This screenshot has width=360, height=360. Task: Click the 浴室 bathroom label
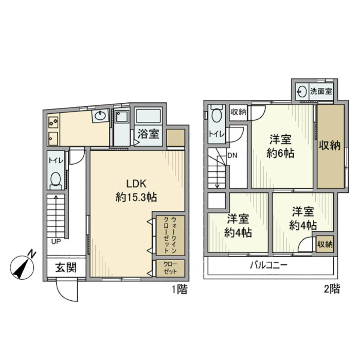(149, 134)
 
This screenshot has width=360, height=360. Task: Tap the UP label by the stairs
(56, 241)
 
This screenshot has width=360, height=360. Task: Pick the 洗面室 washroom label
(321, 91)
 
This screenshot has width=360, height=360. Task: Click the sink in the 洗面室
(301, 91)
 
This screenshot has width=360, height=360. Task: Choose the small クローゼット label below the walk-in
(168, 268)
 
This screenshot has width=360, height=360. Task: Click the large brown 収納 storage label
(330, 145)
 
